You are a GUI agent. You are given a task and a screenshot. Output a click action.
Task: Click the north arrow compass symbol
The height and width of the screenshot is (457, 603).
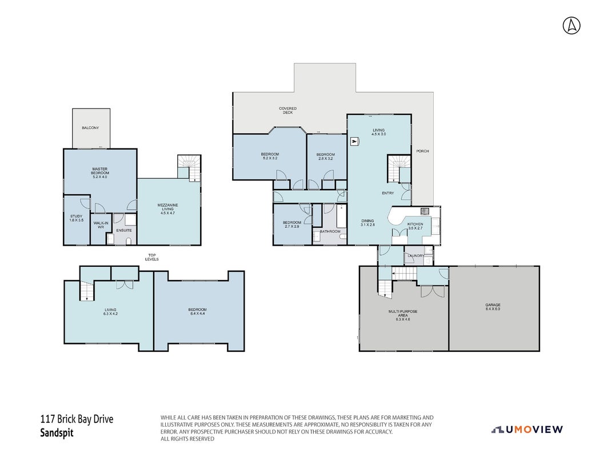[x=572, y=26]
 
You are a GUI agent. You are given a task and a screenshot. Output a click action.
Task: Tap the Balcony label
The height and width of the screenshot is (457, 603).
[x=90, y=127]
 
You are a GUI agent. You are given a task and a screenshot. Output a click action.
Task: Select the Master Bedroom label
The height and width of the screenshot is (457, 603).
[x=99, y=173]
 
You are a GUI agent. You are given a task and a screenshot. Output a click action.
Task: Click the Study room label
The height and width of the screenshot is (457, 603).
[x=77, y=218]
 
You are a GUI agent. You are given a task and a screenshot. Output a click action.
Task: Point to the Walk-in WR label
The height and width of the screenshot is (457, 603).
[x=101, y=225]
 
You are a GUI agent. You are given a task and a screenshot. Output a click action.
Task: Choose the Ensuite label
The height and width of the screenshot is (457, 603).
[x=124, y=230]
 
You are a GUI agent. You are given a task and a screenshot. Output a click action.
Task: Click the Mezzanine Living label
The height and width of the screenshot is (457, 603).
[x=167, y=209]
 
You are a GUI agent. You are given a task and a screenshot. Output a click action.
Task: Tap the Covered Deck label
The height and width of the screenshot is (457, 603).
[x=287, y=110]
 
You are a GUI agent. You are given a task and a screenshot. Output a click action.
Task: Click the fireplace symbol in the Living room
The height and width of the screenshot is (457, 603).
[x=354, y=142]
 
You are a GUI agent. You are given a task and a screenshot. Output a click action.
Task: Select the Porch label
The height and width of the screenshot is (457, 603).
[x=422, y=151]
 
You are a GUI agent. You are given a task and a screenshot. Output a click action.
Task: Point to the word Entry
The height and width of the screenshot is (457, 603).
[x=388, y=193]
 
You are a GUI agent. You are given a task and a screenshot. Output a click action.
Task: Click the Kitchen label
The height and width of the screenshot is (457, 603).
[x=416, y=226]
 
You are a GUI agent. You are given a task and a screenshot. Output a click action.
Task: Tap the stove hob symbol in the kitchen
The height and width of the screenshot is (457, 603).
[x=425, y=211]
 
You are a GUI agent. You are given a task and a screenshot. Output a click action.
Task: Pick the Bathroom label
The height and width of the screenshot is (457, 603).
[x=330, y=231]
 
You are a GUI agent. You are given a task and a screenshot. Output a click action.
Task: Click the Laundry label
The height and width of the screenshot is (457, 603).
[x=416, y=255]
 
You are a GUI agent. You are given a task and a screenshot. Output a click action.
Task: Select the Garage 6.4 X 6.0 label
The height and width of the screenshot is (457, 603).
[x=493, y=307]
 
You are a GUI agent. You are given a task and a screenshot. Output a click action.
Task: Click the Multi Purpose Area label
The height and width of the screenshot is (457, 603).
[x=402, y=315]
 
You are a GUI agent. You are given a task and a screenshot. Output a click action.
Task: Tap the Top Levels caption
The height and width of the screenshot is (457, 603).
[x=152, y=257]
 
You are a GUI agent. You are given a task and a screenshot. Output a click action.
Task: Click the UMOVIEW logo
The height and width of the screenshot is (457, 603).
[x=527, y=430]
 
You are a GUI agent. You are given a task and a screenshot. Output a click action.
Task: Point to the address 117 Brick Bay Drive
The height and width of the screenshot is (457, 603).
[x=77, y=419]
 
